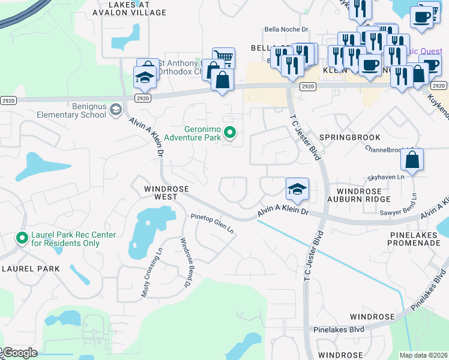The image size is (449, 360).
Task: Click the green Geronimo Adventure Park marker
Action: [x=229, y=131]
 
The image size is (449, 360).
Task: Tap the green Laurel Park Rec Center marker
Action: [x=22, y=239]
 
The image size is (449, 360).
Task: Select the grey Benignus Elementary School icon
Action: [x=115, y=109]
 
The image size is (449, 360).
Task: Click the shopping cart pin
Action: [x=223, y=58]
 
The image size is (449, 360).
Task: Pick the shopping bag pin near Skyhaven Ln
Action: [x=412, y=160]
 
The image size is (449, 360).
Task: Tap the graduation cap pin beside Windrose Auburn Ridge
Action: [x=297, y=189]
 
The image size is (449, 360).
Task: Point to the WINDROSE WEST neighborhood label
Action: [x=161, y=192]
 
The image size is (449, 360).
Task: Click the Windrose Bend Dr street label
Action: [x=185, y=262]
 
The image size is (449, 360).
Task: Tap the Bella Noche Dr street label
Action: [x=286, y=29]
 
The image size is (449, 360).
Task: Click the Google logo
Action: [x=20, y=353]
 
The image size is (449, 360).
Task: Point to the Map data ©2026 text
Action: [x=423, y=355]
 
